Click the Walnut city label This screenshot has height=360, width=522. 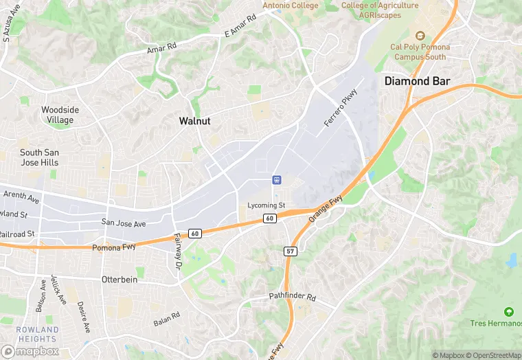tap(194, 121)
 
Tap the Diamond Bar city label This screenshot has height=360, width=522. tap(417, 81)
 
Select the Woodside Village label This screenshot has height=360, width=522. tap(60, 115)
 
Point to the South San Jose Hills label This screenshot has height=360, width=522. tap(39, 157)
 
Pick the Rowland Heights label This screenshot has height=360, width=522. tap(38, 335)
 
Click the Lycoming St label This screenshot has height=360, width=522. tap(266, 205)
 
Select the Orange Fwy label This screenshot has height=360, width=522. tap(326, 205)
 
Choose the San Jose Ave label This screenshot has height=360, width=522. tap(124, 223)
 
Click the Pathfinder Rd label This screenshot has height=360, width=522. tap(292, 297)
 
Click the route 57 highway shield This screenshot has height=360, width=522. tap(290, 251)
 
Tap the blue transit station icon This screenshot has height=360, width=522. tap(276, 180)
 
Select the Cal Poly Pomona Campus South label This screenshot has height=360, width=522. tap(419, 52)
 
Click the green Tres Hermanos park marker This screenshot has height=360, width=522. tap(509, 312)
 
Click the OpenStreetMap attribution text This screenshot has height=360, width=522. tap(490, 355)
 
